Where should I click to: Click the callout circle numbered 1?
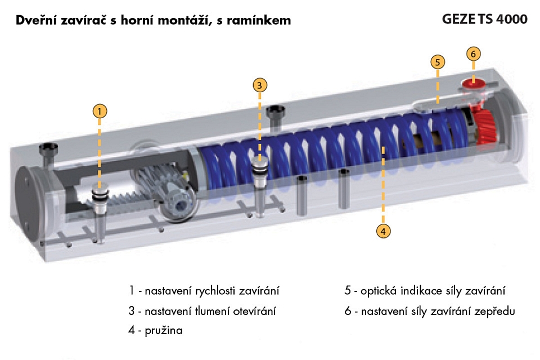(100, 111)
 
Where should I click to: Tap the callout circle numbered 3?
(259, 85)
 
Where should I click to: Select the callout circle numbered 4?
(382, 231)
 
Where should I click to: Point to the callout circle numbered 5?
(438, 61)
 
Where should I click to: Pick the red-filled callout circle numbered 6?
(474, 54)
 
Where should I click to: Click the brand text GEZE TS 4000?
(485, 19)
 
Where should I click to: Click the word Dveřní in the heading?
(35, 21)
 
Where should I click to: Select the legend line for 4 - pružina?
(155, 331)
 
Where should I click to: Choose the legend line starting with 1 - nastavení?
(204, 291)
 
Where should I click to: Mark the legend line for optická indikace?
(425, 291)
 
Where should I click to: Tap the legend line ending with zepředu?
(430, 310)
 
